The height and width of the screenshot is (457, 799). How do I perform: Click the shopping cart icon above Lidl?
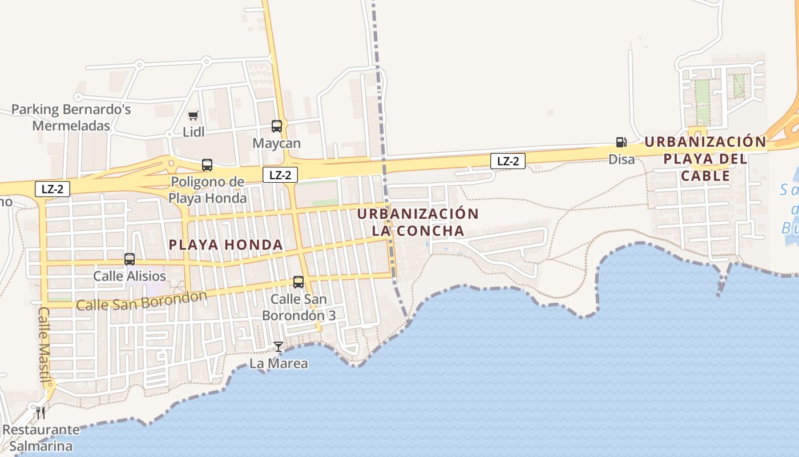click(x=193, y=116)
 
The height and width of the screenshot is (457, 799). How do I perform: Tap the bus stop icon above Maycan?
click(x=277, y=126)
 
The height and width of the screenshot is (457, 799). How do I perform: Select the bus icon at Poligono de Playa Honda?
click(x=207, y=165)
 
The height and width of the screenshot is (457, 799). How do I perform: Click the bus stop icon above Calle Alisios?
click(x=130, y=259)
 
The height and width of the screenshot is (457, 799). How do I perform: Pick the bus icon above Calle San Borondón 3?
click(x=298, y=282)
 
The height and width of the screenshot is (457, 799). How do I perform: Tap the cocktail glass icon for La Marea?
click(x=278, y=347)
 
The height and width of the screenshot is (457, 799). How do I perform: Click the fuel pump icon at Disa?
click(x=621, y=142)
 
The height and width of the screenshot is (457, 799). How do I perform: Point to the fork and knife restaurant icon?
click(x=41, y=412)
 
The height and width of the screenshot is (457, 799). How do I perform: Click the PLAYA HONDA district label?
click(x=226, y=245)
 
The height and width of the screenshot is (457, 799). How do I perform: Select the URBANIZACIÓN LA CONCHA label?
click(x=418, y=222)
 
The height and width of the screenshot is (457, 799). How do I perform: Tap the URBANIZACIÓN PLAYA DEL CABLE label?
click(x=705, y=158)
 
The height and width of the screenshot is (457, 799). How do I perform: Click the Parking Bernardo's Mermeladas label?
click(x=71, y=117)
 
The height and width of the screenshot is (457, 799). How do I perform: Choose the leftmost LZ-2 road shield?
click(x=53, y=189)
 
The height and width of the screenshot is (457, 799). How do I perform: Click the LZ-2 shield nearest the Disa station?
click(x=508, y=161)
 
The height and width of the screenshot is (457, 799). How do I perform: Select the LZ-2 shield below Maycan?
click(x=280, y=175)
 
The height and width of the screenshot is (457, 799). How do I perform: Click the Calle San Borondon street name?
click(x=142, y=300)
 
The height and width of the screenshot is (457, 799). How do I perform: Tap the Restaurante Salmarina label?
click(x=41, y=438)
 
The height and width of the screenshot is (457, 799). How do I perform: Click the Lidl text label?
click(x=193, y=132)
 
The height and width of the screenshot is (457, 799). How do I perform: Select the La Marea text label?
click(x=279, y=363)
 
